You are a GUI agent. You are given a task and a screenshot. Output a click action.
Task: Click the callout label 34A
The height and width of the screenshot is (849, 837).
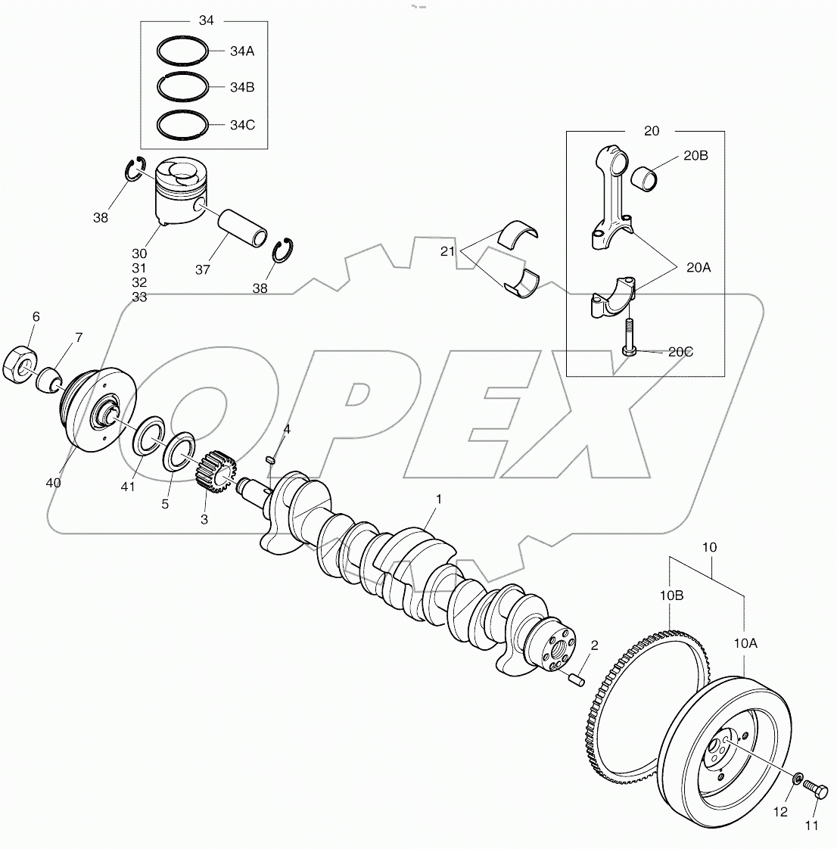[242, 51]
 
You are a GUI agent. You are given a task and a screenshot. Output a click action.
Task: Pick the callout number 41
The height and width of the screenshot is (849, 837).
[127, 487]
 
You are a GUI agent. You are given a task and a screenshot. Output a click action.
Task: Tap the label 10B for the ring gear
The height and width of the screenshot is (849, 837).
[671, 596]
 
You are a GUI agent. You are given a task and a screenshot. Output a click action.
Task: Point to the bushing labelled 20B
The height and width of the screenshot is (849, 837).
[646, 179]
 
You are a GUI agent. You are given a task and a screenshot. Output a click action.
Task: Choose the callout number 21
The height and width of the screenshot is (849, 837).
[448, 251]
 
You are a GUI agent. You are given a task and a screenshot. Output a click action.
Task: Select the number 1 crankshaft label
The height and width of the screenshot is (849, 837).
[437, 499]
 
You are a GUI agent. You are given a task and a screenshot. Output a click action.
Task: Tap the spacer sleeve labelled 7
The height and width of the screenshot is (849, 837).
[50, 376]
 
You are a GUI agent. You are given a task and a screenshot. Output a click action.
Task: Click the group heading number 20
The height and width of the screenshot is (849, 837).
[651, 131]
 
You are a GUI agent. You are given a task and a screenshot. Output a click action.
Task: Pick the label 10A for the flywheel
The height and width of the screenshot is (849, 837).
[745, 643]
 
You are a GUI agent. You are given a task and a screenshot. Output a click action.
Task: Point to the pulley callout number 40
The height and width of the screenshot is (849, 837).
[54, 482]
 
